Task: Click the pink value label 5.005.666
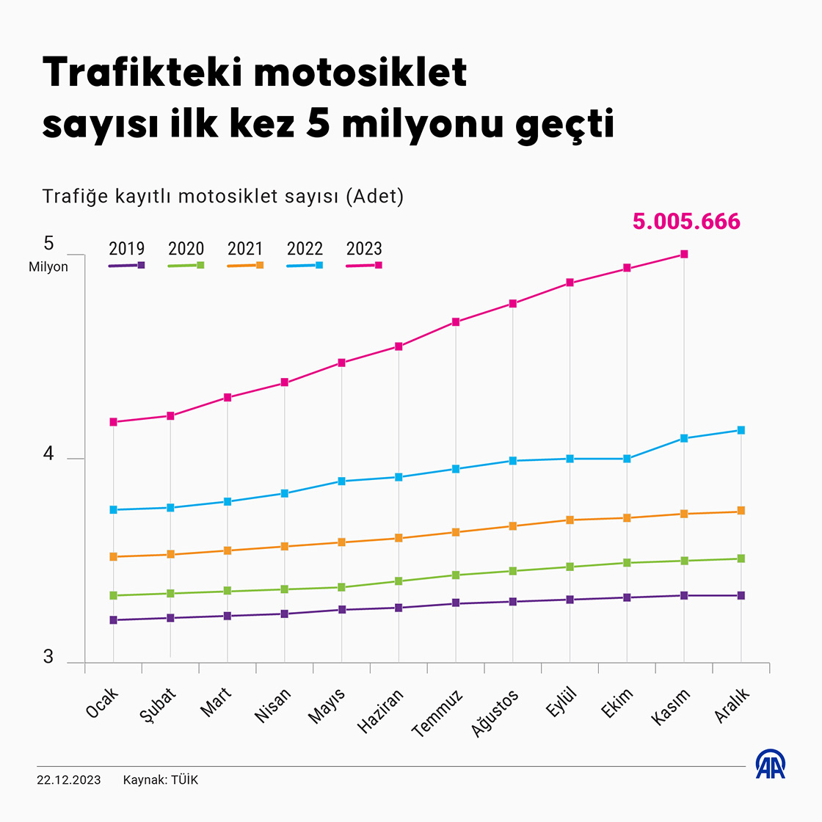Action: coord(686,222)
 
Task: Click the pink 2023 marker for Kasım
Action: coord(684,254)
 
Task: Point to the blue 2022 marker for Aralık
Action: coord(741,430)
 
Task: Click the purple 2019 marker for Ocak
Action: coord(113,620)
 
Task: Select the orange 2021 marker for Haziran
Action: coord(399,538)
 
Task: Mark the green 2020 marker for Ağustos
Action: coord(513,571)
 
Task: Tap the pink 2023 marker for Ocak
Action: coord(113,422)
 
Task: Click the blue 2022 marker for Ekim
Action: coord(627,459)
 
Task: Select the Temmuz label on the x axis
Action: coord(437,713)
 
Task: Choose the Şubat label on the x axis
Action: coord(158,706)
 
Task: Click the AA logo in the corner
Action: coord(771,765)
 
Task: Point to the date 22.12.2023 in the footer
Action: coord(69,779)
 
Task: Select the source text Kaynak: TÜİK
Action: coord(161,779)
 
